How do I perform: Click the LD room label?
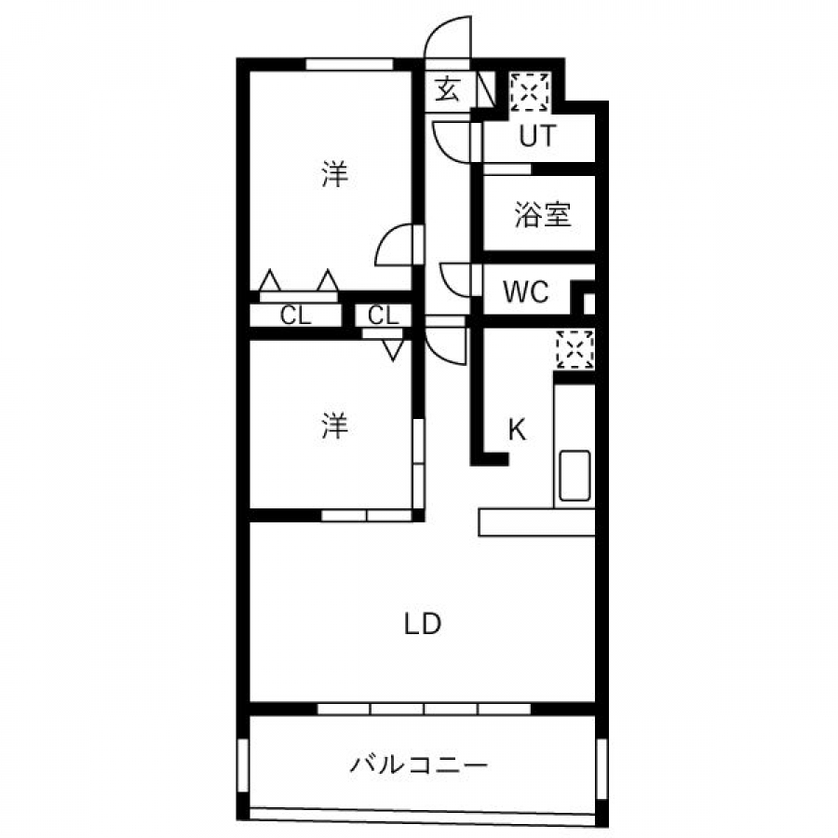click(x=422, y=624)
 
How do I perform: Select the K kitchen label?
click(x=517, y=429)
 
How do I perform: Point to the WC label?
click(x=526, y=291)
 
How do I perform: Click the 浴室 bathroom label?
click(x=543, y=214)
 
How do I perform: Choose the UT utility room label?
click(x=537, y=136)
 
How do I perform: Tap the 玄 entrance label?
click(x=447, y=88)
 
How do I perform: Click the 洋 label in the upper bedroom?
click(x=334, y=174)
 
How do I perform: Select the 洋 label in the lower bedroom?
click(x=334, y=426)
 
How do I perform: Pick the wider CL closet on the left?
click(x=295, y=316)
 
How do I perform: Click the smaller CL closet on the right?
click(x=384, y=316)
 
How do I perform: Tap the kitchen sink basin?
click(x=574, y=476)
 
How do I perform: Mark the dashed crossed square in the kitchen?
click(x=575, y=350)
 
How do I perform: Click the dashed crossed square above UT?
click(x=529, y=92)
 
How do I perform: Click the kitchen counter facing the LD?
click(x=536, y=522)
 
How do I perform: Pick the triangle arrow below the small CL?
click(x=393, y=351)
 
